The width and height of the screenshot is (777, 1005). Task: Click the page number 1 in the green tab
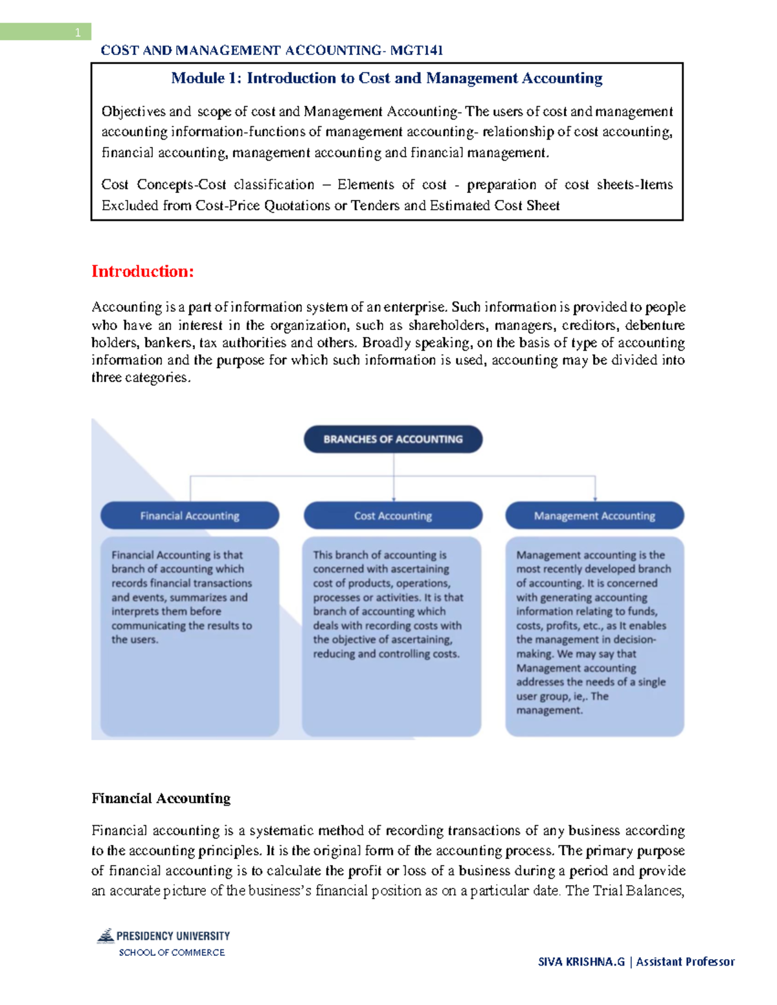[78, 32]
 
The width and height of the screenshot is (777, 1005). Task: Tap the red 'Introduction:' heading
[142, 271]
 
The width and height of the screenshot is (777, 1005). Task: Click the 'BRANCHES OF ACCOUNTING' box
[393, 439]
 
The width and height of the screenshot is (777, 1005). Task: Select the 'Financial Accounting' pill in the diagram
[190, 516]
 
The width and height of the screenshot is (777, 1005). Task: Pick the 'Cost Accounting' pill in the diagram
[393, 516]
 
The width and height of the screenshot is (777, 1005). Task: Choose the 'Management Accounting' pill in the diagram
[594, 516]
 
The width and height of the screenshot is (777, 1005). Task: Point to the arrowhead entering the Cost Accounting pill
[394, 498]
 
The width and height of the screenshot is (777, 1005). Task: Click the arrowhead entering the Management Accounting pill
[595, 498]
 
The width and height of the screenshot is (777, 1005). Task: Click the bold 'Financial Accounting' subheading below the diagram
[161, 799]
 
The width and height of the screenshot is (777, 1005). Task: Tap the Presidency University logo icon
[106, 936]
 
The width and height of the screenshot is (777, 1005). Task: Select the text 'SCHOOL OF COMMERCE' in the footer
[172, 953]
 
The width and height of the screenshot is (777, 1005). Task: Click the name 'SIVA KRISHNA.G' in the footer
[581, 962]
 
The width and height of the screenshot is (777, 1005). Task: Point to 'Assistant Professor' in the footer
[685, 962]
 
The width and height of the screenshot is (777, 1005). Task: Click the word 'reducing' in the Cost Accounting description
[334, 654]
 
